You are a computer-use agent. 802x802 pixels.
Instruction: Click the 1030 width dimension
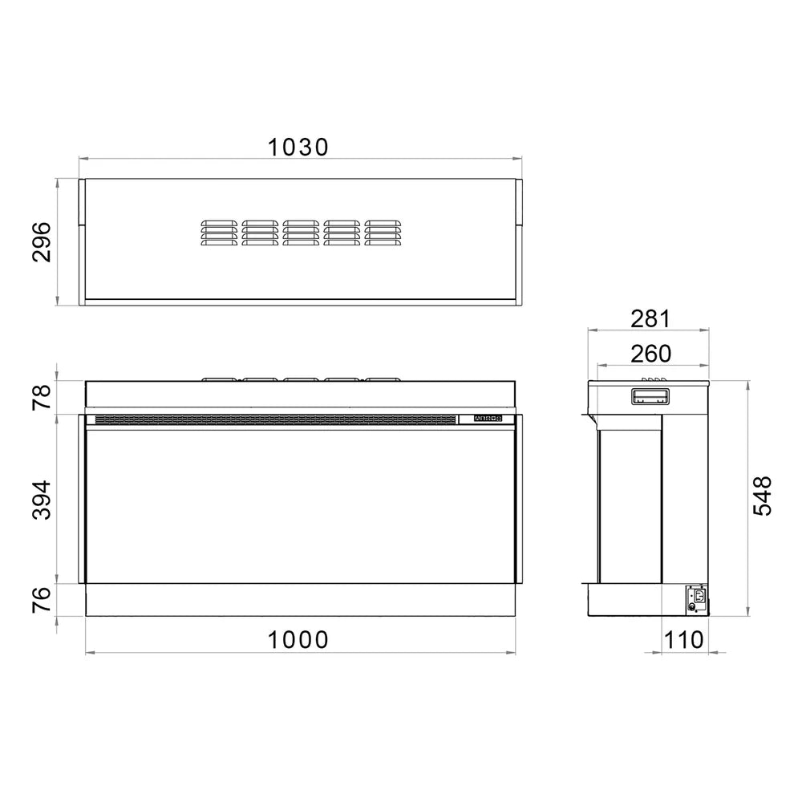coord(298,147)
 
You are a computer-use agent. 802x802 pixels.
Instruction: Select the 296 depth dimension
coord(42,241)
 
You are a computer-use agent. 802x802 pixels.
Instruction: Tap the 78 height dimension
coord(42,396)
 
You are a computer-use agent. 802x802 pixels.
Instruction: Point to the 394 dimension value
coord(42,499)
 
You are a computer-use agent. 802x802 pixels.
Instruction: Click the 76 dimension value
coord(42,600)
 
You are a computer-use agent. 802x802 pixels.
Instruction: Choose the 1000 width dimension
coord(298,639)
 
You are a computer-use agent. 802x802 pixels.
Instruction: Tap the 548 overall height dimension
coord(763,496)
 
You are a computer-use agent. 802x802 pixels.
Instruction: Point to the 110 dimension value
coord(684,639)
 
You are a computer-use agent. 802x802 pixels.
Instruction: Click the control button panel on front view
coord(487,419)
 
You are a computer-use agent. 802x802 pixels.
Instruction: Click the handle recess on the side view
coord(650,396)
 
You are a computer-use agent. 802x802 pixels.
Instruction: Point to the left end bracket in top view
coord(82,204)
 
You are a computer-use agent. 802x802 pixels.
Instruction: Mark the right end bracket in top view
coord(519,204)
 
